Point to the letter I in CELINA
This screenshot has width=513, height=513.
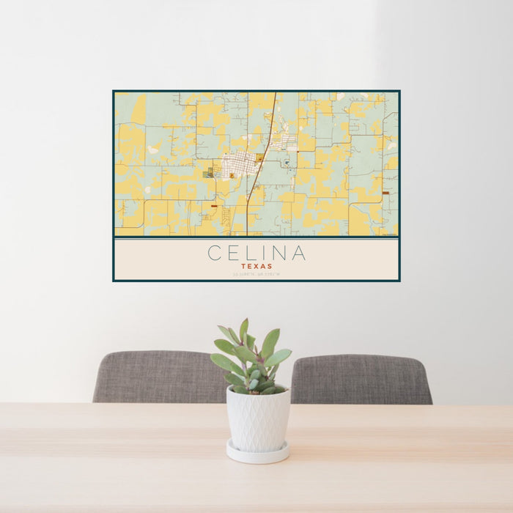click(265, 254)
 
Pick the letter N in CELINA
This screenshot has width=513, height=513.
click(279, 254)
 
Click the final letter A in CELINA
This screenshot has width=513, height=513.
click(298, 254)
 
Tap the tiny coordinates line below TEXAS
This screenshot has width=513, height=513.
click(256, 275)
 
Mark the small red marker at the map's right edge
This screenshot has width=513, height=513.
click(385, 193)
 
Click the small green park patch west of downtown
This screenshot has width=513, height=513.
click(211, 173)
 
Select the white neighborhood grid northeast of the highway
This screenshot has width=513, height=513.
click(284, 139)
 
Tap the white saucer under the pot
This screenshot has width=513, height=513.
click(257, 454)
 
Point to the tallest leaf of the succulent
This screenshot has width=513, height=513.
click(244, 330)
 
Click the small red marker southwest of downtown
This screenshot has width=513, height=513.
click(213, 207)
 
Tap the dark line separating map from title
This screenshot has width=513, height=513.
click(256, 237)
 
